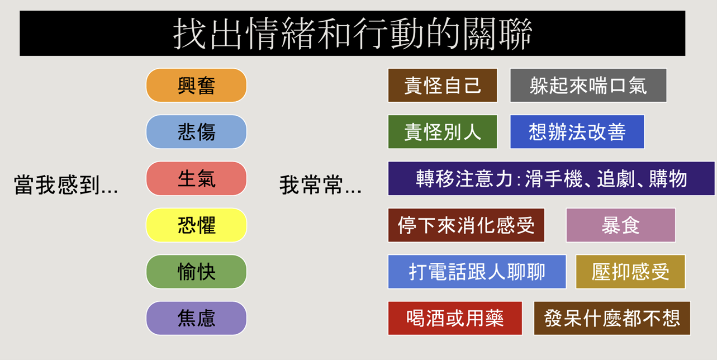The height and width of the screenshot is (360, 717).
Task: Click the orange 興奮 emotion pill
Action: pos(196,86)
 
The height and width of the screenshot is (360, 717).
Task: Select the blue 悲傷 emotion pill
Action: pos(196,132)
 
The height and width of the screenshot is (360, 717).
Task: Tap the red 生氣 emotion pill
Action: pos(196,178)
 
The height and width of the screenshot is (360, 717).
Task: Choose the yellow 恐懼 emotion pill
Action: pos(196,225)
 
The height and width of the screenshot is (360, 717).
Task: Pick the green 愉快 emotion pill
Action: pos(196,272)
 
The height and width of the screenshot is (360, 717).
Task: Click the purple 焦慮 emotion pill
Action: pos(196,318)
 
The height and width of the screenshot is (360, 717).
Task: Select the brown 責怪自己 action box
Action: pos(443,86)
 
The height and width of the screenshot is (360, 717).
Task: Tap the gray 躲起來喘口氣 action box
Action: pos(588,86)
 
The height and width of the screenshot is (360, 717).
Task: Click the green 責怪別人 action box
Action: pos(443,132)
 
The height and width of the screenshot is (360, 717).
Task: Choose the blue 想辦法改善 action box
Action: pos(577,132)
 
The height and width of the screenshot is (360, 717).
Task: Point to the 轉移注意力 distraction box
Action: pos(551,178)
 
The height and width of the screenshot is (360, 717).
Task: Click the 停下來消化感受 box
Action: pos(466,225)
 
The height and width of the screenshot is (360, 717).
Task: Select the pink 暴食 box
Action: pos(621,225)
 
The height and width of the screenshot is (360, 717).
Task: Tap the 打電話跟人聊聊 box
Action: pos(477,272)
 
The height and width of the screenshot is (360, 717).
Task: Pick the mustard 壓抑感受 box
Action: pos(630,272)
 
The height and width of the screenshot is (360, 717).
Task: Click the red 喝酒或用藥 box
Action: pos(455,318)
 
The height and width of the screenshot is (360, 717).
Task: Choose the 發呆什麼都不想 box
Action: pos(612,318)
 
